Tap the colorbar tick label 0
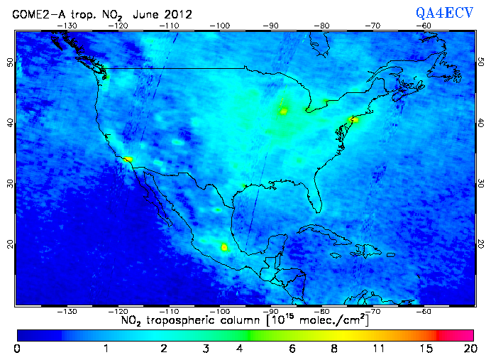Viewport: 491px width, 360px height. (x=17, y=349)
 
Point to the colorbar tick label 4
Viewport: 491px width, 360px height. (x=241, y=349)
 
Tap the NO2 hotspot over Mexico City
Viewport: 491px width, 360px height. (x=225, y=247)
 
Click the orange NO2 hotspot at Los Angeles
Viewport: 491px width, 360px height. (x=128, y=159)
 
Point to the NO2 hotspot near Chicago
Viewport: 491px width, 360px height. (x=284, y=111)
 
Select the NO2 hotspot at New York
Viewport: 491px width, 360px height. (x=355, y=119)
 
